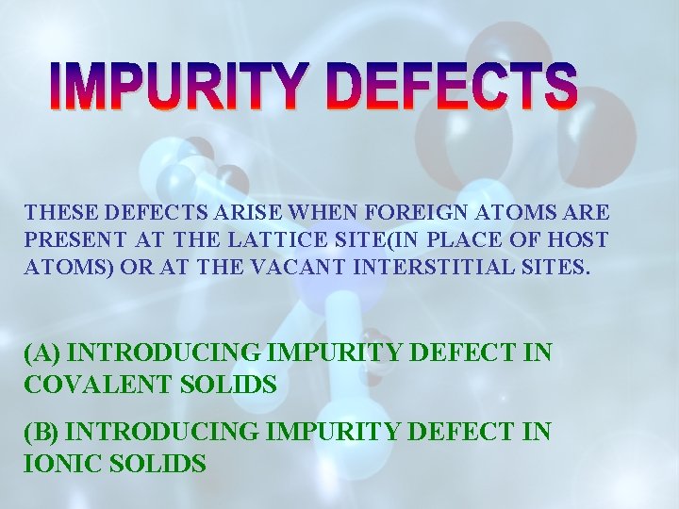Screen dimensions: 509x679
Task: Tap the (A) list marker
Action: tap(42, 353)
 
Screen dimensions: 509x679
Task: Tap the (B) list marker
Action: tap(42, 433)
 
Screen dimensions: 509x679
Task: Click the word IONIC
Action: tap(56, 464)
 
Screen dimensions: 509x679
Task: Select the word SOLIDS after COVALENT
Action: tap(231, 385)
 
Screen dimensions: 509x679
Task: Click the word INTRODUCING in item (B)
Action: tap(166, 433)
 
